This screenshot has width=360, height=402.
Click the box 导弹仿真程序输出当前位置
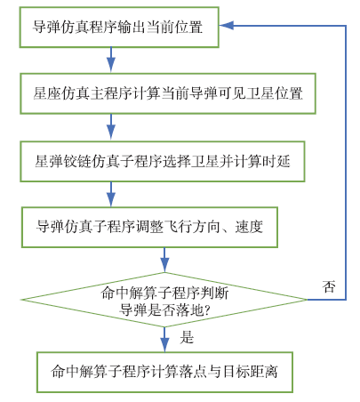pos(119,28)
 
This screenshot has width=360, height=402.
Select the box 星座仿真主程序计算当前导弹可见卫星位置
pos(168,93)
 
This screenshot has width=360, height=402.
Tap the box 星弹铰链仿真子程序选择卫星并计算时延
pos(163,161)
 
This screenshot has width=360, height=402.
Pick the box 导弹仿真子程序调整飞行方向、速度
pos(149,227)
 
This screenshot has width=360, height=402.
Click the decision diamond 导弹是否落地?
pos(164,300)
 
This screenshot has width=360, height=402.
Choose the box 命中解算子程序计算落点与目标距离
pos(164,372)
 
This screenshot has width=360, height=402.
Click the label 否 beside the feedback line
pos(329,286)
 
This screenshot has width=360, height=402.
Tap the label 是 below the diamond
pos(187,337)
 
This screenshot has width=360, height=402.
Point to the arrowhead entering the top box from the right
pos(227,26)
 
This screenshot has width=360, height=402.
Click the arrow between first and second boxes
pos(111,60)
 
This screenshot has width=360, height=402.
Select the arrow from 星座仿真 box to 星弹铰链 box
pos(111,127)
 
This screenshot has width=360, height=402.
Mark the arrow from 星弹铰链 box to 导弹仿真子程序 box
pos(111,194)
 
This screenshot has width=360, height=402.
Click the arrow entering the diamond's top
pos(164,260)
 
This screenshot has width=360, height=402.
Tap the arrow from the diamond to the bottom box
pos(164,340)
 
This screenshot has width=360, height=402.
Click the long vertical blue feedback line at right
pos(346,163)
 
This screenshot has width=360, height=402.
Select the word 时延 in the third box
pos(276,161)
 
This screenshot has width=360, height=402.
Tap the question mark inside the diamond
pos(207,310)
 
